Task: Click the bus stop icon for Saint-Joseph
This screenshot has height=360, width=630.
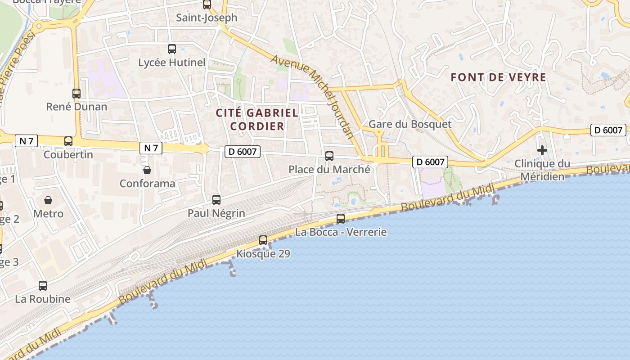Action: pyautogui.click(x=207, y=5)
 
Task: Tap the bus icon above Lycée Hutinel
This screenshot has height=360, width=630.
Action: pyautogui.click(x=172, y=49)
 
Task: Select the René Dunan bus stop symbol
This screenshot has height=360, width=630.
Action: pyautogui.click(x=76, y=94)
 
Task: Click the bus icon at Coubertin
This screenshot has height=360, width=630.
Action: pyautogui.click(x=68, y=141)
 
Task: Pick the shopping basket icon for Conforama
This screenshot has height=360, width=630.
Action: pyautogui.click(x=147, y=170)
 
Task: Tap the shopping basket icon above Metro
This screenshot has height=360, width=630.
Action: pyautogui.click(x=48, y=200)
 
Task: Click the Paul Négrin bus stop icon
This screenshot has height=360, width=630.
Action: pyautogui.click(x=216, y=200)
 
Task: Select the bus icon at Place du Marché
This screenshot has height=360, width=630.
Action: pyautogui.click(x=329, y=156)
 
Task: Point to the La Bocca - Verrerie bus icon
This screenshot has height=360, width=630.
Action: pyautogui.click(x=341, y=219)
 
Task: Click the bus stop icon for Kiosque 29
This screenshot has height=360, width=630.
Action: pyautogui.click(x=263, y=240)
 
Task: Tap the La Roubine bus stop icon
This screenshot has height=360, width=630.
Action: pyautogui.click(x=43, y=286)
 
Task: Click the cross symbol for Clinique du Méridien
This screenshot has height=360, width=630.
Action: pyautogui.click(x=542, y=150)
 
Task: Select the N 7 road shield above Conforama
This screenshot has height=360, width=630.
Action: pyautogui.click(x=151, y=148)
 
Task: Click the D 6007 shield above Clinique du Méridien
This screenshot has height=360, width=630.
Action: pyautogui.click(x=608, y=130)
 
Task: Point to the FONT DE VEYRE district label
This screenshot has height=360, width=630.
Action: pyautogui.click(x=498, y=77)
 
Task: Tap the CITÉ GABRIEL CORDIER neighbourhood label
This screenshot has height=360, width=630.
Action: pyautogui.click(x=257, y=119)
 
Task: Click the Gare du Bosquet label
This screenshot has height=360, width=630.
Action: pyautogui.click(x=409, y=124)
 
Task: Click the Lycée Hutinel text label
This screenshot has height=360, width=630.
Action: pyautogui.click(x=172, y=63)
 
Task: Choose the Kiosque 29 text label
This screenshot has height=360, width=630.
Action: pyautogui.click(x=263, y=254)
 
